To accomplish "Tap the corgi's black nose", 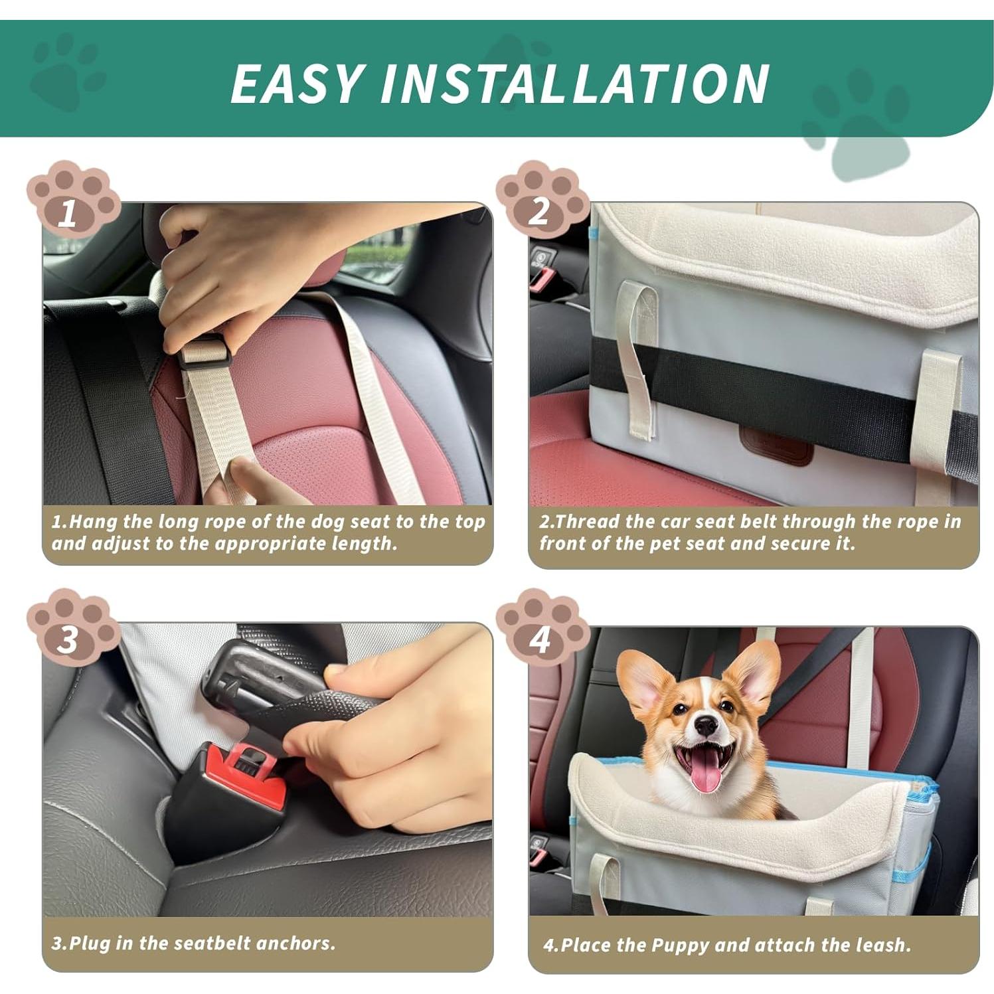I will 706,726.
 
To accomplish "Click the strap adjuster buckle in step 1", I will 203,353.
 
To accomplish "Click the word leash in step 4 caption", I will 882,945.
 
